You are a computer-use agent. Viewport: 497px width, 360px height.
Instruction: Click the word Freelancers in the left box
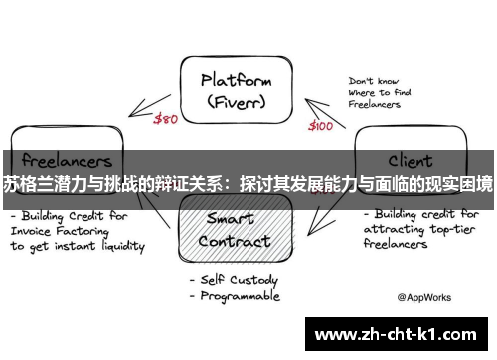(62, 159)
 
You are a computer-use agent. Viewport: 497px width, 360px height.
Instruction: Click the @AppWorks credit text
(425, 296)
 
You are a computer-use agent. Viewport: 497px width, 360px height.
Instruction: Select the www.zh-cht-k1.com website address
(400, 334)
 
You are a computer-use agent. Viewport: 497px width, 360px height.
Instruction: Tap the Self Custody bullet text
(242, 279)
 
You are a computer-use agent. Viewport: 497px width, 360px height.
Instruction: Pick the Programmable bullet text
(241, 296)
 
